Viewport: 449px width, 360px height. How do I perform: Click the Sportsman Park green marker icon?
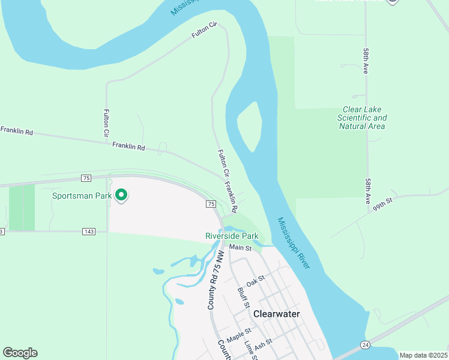[121, 195]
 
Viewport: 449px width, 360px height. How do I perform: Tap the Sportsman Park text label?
[82, 196]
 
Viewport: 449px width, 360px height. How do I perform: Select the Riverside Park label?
[232, 236]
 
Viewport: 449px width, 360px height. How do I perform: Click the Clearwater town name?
[276, 314]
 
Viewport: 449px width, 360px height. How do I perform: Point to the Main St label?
[240, 247]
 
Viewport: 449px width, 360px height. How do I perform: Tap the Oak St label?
[256, 279]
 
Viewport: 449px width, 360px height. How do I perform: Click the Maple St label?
[238, 331]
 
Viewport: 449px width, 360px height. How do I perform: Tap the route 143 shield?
[89, 231]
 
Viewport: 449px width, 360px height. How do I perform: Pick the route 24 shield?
[365, 344]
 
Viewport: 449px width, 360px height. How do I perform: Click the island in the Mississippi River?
[249, 126]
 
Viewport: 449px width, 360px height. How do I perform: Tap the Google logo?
[20, 353]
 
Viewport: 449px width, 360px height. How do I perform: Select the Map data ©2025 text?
[423, 355]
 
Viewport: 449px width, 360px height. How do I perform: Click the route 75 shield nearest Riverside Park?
[211, 204]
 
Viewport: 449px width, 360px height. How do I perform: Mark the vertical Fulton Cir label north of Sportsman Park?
[106, 122]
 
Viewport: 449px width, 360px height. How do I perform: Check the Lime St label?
[250, 351]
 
